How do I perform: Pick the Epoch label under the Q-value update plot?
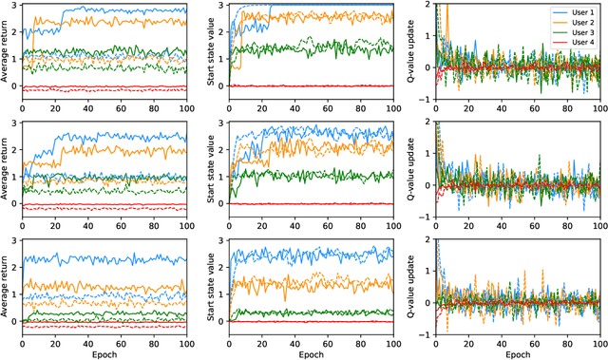pos(519,352)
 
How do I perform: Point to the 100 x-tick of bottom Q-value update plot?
pos(598,340)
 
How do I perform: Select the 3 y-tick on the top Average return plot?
pos(17,7)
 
